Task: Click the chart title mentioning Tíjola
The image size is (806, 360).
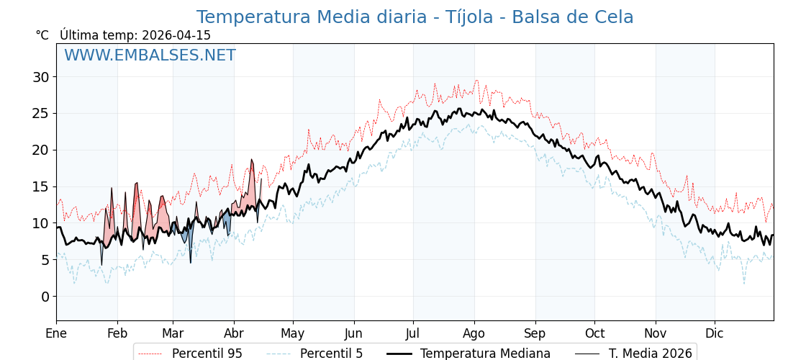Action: click(415, 17)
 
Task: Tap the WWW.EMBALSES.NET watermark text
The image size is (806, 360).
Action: click(150, 55)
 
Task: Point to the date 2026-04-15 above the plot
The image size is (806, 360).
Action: click(176, 35)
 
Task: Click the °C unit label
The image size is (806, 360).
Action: click(42, 35)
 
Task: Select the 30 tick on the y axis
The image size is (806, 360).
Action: click(42, 77)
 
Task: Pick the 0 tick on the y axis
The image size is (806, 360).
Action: click(45, 297)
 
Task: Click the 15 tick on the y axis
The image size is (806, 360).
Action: click(42, 186)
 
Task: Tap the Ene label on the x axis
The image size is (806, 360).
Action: click(56, 333)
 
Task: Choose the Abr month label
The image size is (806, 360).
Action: click(234, 333)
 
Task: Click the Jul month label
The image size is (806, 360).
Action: click(413, 333)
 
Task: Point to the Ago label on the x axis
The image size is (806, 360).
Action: click(474, 333)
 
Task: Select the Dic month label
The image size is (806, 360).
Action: click(715, 333)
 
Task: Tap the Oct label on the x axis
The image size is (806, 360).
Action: click(594, 333)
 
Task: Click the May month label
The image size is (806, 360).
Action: click(293, 333)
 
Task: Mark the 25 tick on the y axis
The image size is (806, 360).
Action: click(42, 113)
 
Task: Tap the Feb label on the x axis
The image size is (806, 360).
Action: click(117, 333)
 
